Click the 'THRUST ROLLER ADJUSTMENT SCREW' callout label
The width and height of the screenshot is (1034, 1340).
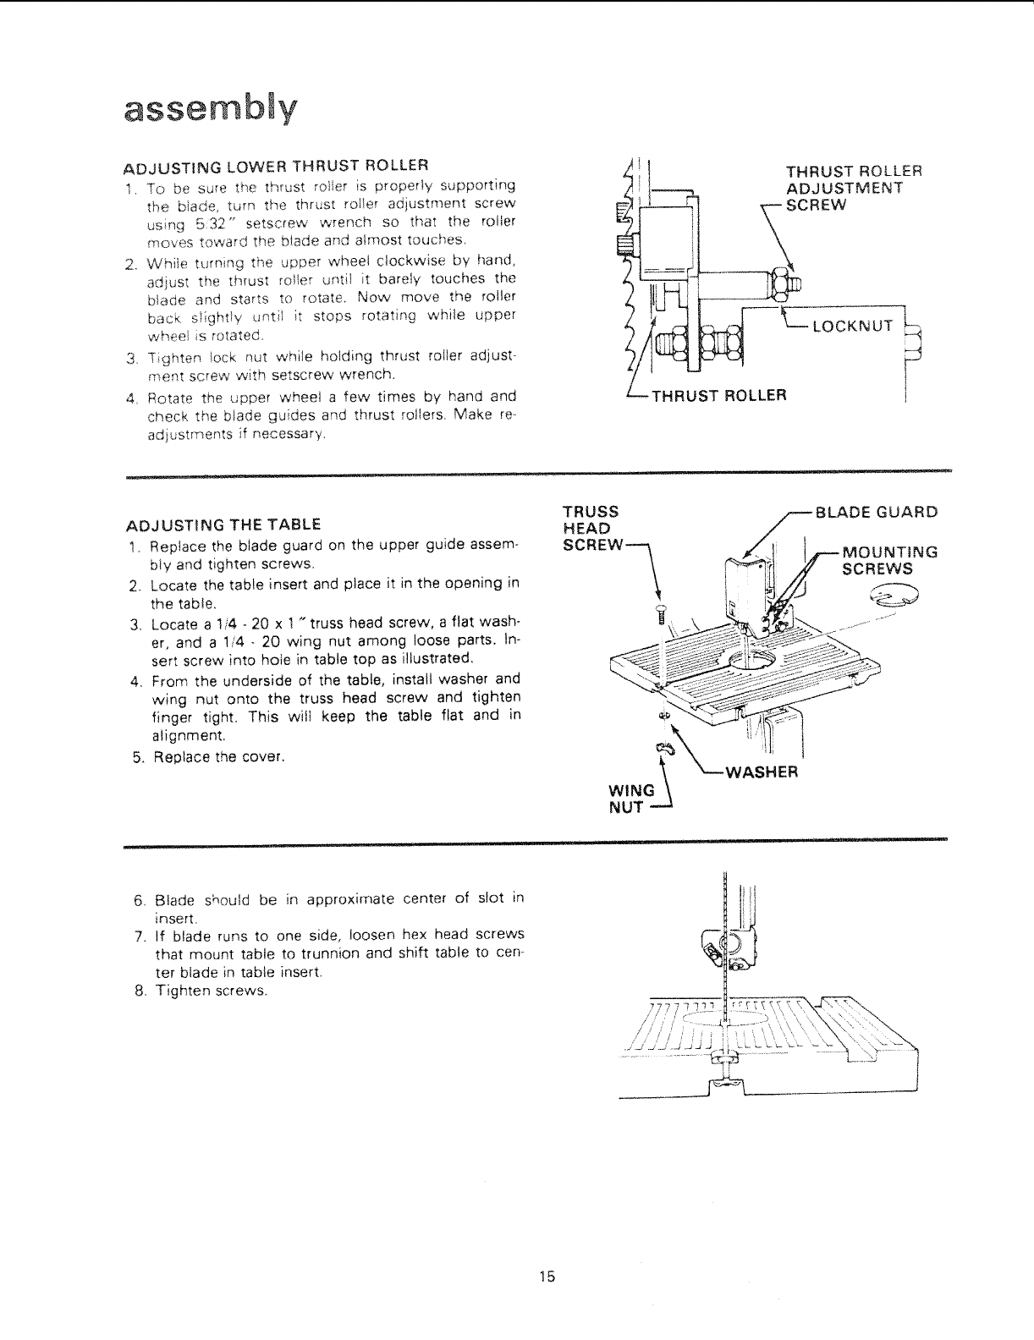(x=854, y=186)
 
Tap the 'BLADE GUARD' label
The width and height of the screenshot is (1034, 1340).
(x=876, y=512)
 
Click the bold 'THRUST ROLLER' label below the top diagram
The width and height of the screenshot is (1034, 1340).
(x=718, y=395)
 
